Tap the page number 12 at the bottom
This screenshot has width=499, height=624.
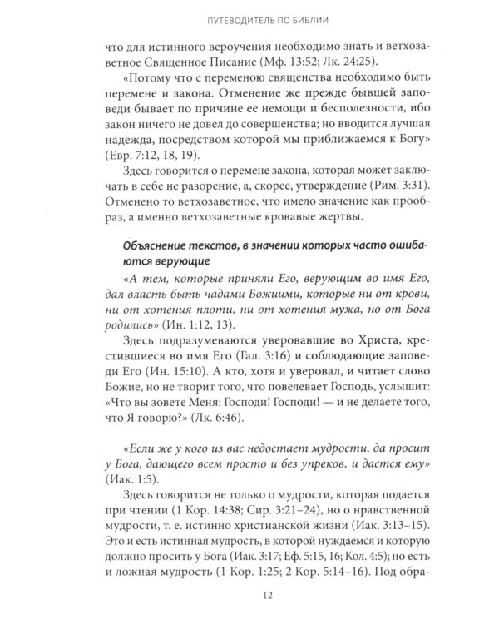[x=249, y=596]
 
